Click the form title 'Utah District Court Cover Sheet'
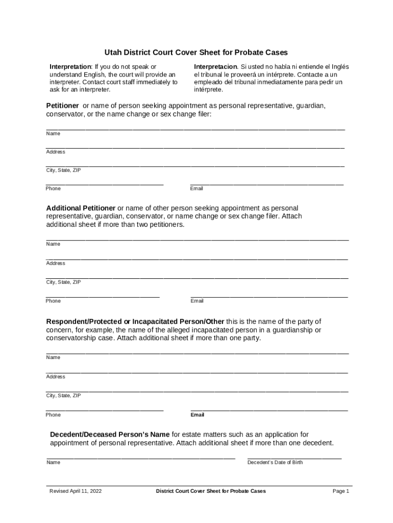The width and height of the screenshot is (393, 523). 196,52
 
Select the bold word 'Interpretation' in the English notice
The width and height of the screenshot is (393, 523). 70,67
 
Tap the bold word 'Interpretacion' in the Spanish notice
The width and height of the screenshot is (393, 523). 215,67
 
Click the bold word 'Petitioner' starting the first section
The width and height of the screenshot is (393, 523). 63,106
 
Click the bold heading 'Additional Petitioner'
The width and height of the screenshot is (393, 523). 81,208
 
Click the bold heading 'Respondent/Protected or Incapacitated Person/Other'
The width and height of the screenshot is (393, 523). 135,322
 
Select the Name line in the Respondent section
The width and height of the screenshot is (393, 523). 197,353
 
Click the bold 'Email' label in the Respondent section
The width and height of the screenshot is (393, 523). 198,415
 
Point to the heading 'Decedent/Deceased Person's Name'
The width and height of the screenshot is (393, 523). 110,435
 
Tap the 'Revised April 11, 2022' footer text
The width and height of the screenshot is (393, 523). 76,491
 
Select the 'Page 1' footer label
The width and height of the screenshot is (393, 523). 340,491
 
